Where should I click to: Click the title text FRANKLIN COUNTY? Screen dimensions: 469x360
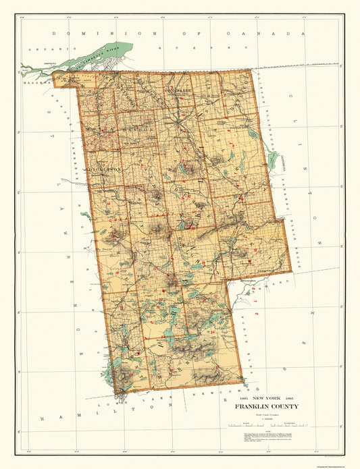[x=266, y=407]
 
